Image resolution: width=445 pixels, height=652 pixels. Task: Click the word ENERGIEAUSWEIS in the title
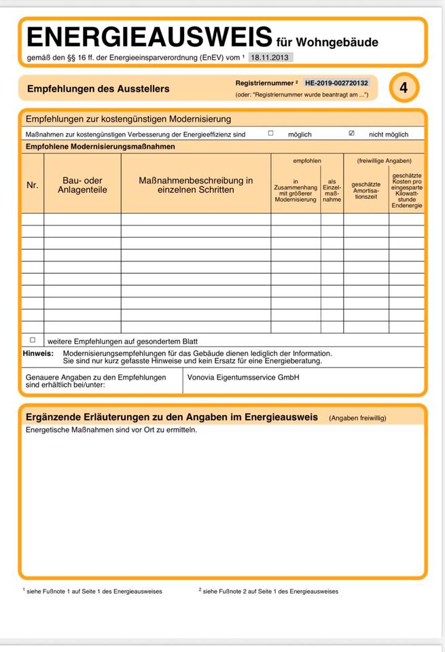149,37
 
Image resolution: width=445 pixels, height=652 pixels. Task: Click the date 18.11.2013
271,58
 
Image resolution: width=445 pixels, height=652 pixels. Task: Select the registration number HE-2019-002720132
336,82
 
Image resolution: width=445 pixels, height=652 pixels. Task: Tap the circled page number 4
404,88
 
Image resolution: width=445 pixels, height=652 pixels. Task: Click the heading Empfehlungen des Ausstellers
99,89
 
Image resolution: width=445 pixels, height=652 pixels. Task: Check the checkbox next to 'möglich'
270,134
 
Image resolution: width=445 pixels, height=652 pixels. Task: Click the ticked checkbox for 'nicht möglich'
351,134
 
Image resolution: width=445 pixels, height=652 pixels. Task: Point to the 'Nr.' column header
33,185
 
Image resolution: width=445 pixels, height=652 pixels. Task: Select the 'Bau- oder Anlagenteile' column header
82,185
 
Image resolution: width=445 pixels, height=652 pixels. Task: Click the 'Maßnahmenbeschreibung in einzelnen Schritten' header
196,185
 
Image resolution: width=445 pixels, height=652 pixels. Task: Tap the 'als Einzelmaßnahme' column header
332,191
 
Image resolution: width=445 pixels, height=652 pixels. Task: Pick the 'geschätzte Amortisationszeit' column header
366,190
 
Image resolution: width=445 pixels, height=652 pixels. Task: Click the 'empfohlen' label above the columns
307,160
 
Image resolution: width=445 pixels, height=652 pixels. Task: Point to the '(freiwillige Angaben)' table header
384,160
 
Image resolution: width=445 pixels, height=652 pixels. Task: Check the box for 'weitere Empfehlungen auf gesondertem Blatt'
33,340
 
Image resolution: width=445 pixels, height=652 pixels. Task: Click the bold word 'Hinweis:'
38,353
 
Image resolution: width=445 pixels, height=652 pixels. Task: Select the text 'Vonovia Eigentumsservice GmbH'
243,378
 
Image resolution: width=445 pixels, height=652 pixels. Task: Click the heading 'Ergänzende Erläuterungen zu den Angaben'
171,417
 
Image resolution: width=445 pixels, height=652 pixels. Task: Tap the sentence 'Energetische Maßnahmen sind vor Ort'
111,430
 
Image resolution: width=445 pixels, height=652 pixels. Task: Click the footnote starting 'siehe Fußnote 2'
270,592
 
